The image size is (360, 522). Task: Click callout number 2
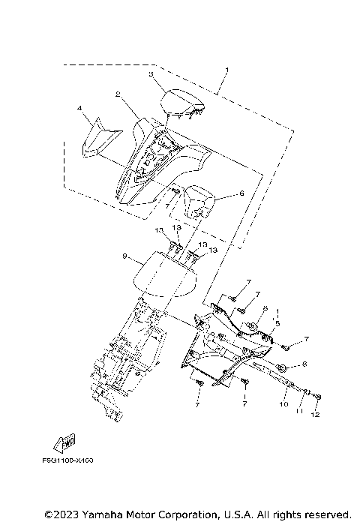point(118,94)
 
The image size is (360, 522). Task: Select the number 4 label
point(79,109)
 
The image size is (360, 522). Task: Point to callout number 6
point(241,193)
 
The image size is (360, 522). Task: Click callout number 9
point(123,256)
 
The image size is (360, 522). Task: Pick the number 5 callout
point(277,323)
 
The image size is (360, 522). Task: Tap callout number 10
point(283,403)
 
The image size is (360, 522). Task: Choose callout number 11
point(299,409)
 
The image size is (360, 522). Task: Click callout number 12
point(316,415)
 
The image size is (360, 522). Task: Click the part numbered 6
point(200,200)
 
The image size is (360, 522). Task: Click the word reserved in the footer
point(325,514)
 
